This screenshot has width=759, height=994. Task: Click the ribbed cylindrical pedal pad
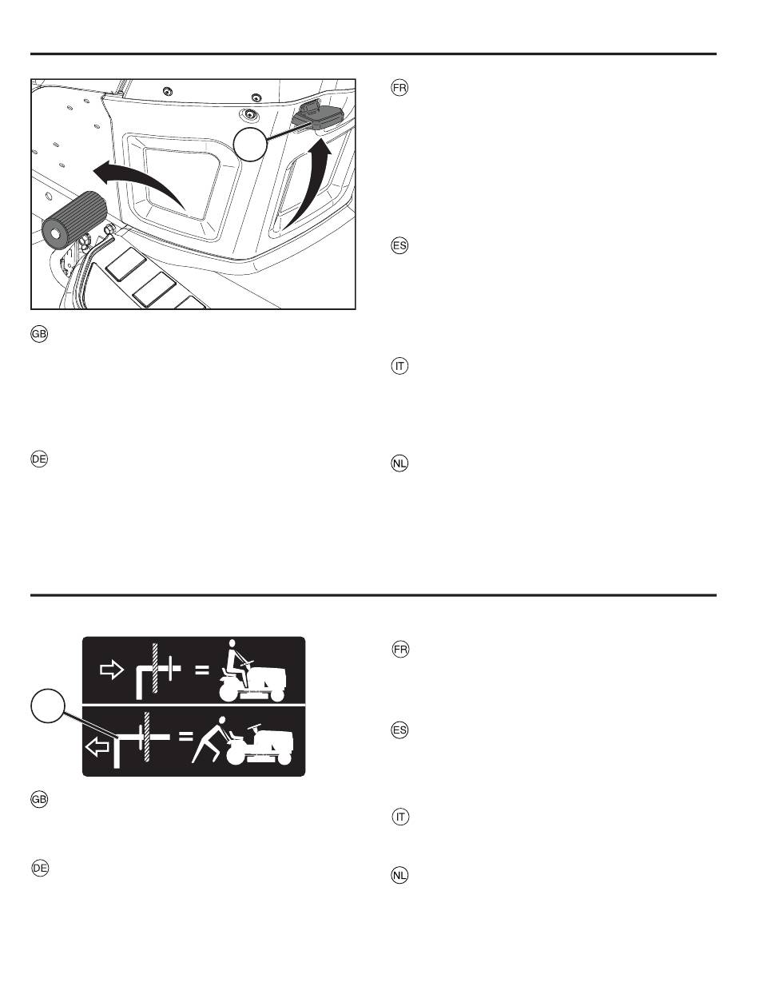[74, 221]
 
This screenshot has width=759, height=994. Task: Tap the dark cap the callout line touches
[315, 114]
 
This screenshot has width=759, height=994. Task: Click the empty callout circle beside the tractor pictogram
[47, 706]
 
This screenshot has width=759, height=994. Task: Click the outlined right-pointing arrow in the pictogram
[111, 669]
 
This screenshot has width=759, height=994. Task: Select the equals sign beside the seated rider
[202, 670]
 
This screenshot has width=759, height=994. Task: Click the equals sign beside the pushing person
[185, 736]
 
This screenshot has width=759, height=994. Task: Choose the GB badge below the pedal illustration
[39, 334]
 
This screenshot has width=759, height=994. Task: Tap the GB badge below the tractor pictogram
[39, 799]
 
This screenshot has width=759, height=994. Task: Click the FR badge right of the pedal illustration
[399, 87]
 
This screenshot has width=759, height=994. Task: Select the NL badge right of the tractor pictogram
[399, 876]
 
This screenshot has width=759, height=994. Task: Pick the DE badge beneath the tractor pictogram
[40, 868]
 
